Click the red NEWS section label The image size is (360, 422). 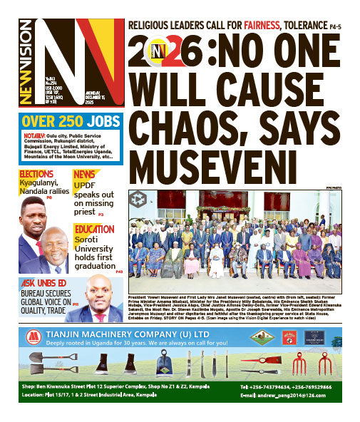84,174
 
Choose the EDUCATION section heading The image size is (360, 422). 93,229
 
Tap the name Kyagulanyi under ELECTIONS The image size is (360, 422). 38,182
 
